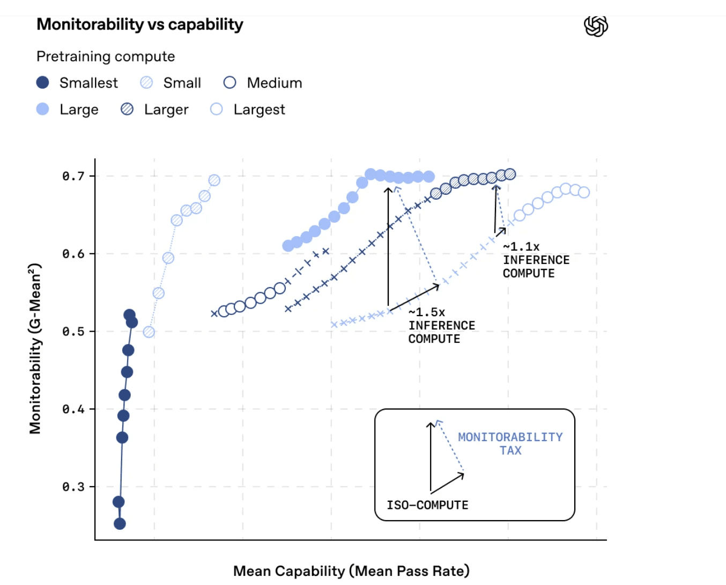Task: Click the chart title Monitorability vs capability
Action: (140, 25)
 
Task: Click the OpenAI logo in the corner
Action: (596, 26)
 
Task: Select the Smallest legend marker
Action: (43, 83)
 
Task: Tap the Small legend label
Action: (182, 83)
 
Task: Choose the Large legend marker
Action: (43, 109)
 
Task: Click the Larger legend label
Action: (166, 109)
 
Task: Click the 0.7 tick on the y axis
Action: (73, 176)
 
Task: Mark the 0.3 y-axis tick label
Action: (73, 487)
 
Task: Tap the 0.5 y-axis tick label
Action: (73, 331)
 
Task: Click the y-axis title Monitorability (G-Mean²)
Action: (35, 348)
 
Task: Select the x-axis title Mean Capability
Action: (351, 571)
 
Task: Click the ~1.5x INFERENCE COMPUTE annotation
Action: (441, 326)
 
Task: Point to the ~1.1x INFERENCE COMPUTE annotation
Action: (536, 260)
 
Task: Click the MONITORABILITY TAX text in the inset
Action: (510, 444)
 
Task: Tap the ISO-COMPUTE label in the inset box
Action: (427, 505)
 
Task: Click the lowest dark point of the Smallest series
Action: (120, 524)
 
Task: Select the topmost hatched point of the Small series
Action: (214, 180)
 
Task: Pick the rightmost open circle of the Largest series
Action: (584, 192)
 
